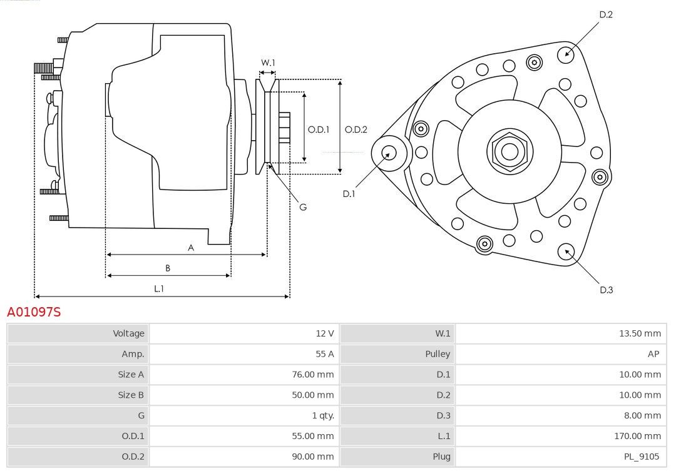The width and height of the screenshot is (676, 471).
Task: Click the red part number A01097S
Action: [x=34, y=311]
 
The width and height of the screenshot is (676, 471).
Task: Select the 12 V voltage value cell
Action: [x=325, y=333]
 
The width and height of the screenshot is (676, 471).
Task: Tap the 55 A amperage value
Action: [x=325, y=354]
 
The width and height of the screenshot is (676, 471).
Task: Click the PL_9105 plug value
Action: [x=642, y=457]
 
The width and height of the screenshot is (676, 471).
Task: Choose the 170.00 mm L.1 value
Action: [x=637, y=436]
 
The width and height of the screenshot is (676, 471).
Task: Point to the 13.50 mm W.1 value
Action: [x=640, y=333]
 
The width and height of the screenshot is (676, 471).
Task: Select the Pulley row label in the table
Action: [x=438, y=354]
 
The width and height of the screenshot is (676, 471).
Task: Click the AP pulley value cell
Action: [x=653, y=354]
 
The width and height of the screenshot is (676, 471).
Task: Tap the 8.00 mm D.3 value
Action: [x=642, y=415]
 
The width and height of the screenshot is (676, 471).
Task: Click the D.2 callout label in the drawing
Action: [x=606, y=14]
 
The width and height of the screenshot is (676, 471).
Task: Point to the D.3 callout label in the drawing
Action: [x=606, y=290]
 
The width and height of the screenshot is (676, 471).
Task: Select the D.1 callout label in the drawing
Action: [x=349, y=194]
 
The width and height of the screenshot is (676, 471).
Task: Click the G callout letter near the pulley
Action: [x=303, y=207]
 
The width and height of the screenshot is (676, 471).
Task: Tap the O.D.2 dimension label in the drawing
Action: [x=356, y=130]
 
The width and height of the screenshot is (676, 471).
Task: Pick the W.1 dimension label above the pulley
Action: [x=268, y=63]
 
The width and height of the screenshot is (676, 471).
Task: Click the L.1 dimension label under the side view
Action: [x=159, y=288]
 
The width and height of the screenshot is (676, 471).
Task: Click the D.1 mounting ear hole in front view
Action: [x=388, y=152]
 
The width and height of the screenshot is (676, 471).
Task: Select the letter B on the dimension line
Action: [x=168, y=268]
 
